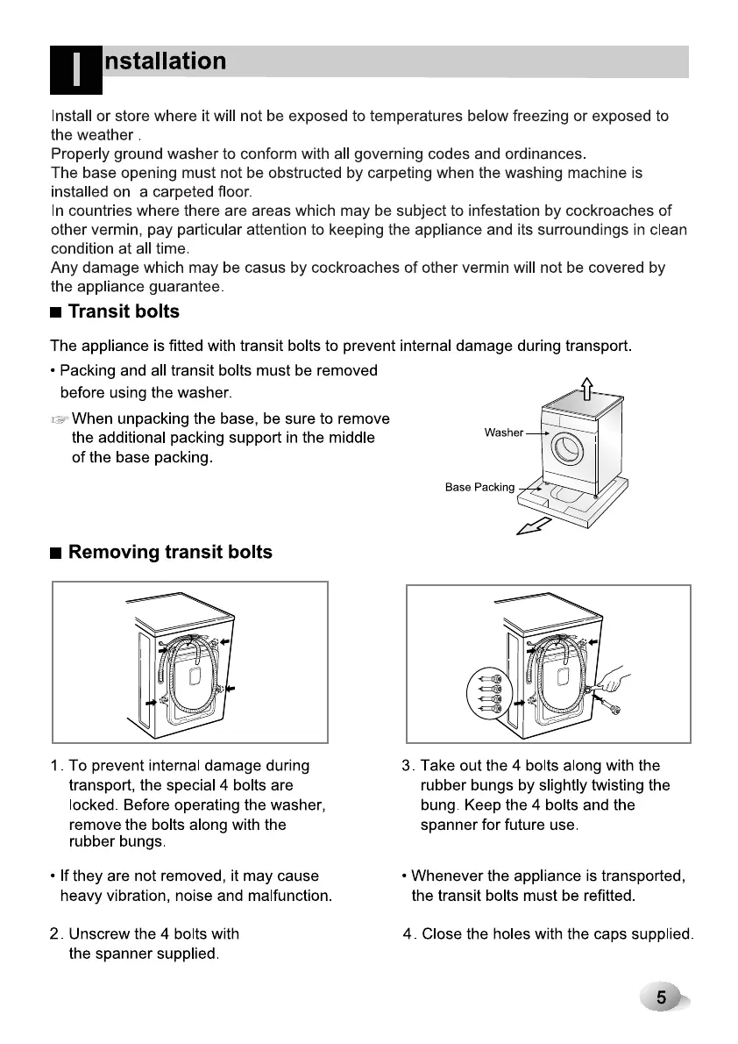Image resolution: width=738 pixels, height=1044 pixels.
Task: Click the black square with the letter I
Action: pyautogui.click(x=76, y=69)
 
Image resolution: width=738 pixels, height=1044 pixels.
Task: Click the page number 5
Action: pyautogui.click(x=662, y=998)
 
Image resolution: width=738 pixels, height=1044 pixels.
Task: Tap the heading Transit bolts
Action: pyautogui.click(x=123, y=311)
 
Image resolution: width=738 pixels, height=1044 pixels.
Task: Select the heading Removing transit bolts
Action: pyautogui.click(x=169, y=552)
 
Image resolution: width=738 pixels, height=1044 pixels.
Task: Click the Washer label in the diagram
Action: pyautogui.click(x=503, y=433)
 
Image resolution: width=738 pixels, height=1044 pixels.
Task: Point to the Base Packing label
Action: pyautogui.click(x=479, y=487)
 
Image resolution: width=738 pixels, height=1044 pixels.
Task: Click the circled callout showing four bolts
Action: pyautogui.click(x=489, y=690)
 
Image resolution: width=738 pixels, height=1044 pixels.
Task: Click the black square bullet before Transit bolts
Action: pyautogui.click(x=56, y=312)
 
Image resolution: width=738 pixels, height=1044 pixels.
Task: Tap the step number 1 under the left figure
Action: pyautogui.click(x=55, y=766)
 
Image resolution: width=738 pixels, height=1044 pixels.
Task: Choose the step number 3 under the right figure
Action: pyautogui.click(x=406, y=766)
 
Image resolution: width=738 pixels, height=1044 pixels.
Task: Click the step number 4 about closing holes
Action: pyautogui.click(x=408, y=934)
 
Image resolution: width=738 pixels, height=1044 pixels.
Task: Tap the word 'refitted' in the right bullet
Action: pyautogui.click(x=604, y=896)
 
